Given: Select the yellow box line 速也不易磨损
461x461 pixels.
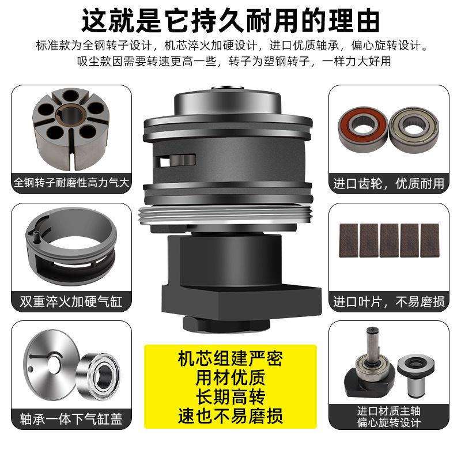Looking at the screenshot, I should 231,415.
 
